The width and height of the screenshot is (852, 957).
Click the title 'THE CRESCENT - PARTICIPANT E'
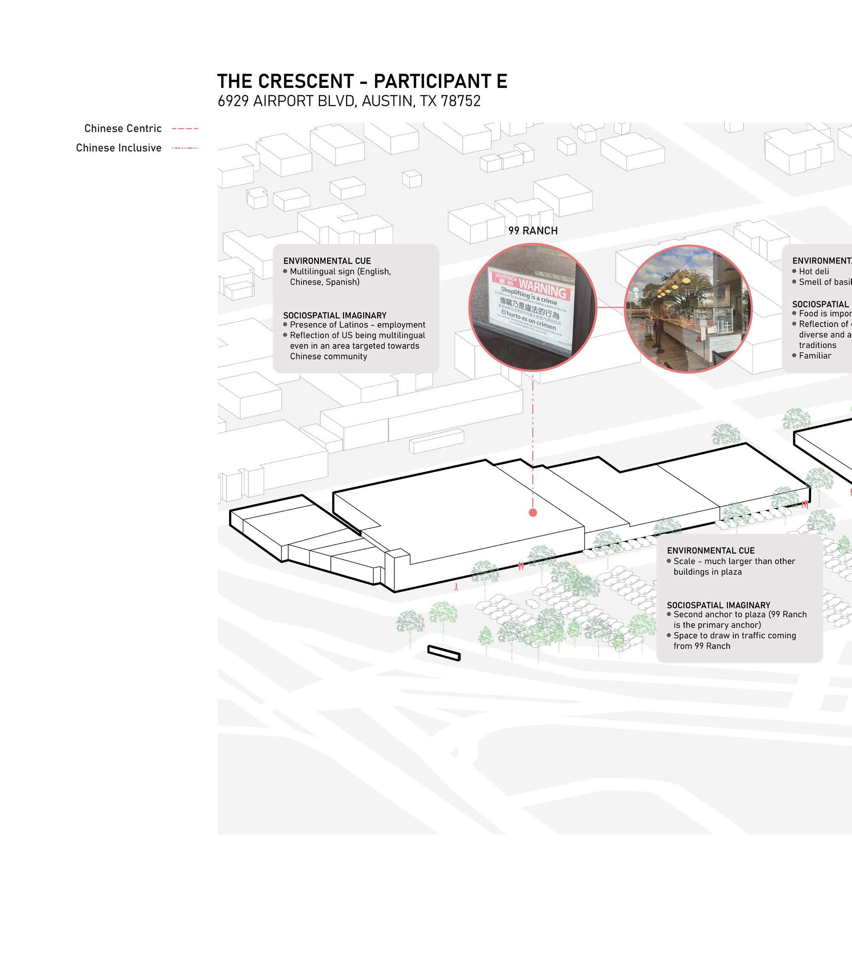[x=362, y=82]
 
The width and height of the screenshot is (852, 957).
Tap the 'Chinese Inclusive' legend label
[x=119, y=148]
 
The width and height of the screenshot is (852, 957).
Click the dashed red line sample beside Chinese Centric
[x=185, y=129]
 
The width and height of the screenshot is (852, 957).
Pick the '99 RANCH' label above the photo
[x=533, y=231]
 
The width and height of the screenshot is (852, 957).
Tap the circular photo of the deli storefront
[x=688, y=309]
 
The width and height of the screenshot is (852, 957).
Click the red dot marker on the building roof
[x=533, y=513]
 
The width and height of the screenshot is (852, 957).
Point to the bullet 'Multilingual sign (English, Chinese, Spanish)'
[x=340, y=277]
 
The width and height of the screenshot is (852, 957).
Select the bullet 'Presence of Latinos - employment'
[x=357, y=325]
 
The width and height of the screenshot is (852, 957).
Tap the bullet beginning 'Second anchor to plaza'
[x=740, y=619]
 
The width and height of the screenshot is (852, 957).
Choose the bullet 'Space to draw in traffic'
[x=735, y=641]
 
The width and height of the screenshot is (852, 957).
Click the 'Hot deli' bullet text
[x=814, y=272]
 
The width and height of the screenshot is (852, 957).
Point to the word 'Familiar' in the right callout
[x=815, y=356]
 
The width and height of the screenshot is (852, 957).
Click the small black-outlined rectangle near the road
[x=444, y=653]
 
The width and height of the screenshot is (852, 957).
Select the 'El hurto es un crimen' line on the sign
[x=528, y=319]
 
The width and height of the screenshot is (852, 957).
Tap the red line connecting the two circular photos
[x=611, y=308]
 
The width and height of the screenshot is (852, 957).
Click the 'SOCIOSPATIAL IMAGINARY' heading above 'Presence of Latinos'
[x=335, y=315]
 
